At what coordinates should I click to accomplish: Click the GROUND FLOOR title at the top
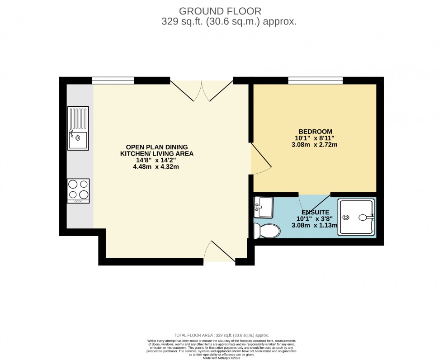point(220,10)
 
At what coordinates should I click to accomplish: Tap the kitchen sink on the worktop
point(78,128)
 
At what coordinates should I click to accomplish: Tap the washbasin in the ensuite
point(263,208)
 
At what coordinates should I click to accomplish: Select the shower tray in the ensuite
point(357,218)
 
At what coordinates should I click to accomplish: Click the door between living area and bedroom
point(260,157)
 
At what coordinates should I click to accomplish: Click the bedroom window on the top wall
point(315,81)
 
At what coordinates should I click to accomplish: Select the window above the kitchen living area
point(113,81)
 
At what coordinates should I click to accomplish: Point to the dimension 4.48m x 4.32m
point(156,166)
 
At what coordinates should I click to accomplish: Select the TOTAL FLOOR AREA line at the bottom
point(221,335)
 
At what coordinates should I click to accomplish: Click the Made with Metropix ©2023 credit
point(221,358)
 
